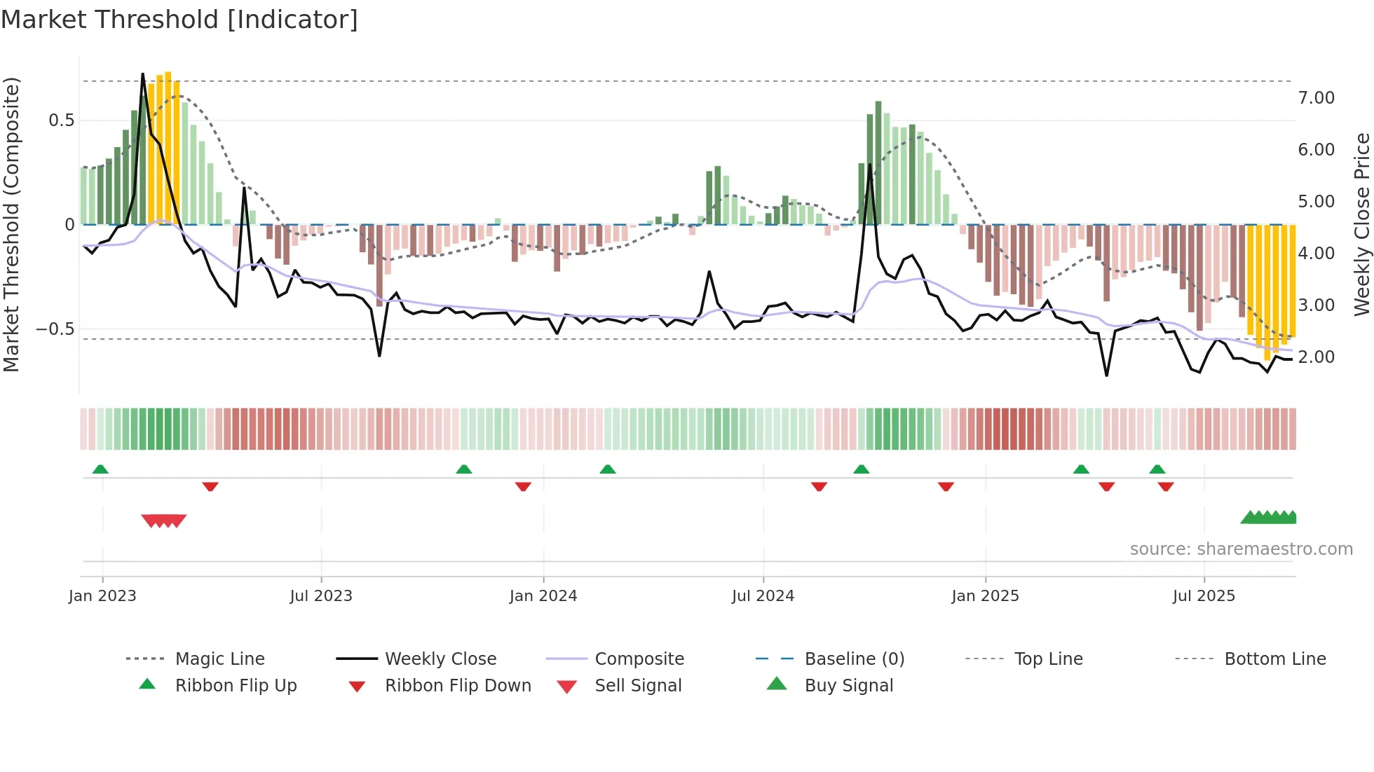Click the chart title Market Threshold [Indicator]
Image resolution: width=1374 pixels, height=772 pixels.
(179, 20)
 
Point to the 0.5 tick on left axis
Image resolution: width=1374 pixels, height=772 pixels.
(61, 120)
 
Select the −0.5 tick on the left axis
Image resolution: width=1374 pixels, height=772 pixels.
(55, 329)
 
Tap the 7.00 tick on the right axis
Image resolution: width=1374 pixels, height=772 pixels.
(1316, 98)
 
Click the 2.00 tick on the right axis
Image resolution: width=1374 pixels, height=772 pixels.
(1316, 357)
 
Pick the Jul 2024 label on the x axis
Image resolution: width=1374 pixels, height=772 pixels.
(763, 596)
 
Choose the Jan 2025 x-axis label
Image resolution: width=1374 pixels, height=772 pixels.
(985, 596)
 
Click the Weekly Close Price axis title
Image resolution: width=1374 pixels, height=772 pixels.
(1361, 224)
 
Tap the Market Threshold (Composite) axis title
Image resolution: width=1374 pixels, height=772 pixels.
(11, 224)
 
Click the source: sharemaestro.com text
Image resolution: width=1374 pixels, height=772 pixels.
(1241, 549)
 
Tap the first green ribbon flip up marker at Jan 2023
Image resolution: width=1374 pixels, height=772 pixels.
(100, 469)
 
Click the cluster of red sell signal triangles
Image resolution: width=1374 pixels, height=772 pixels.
(164, 521)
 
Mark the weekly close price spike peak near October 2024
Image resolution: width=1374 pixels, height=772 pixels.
(870, 165)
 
